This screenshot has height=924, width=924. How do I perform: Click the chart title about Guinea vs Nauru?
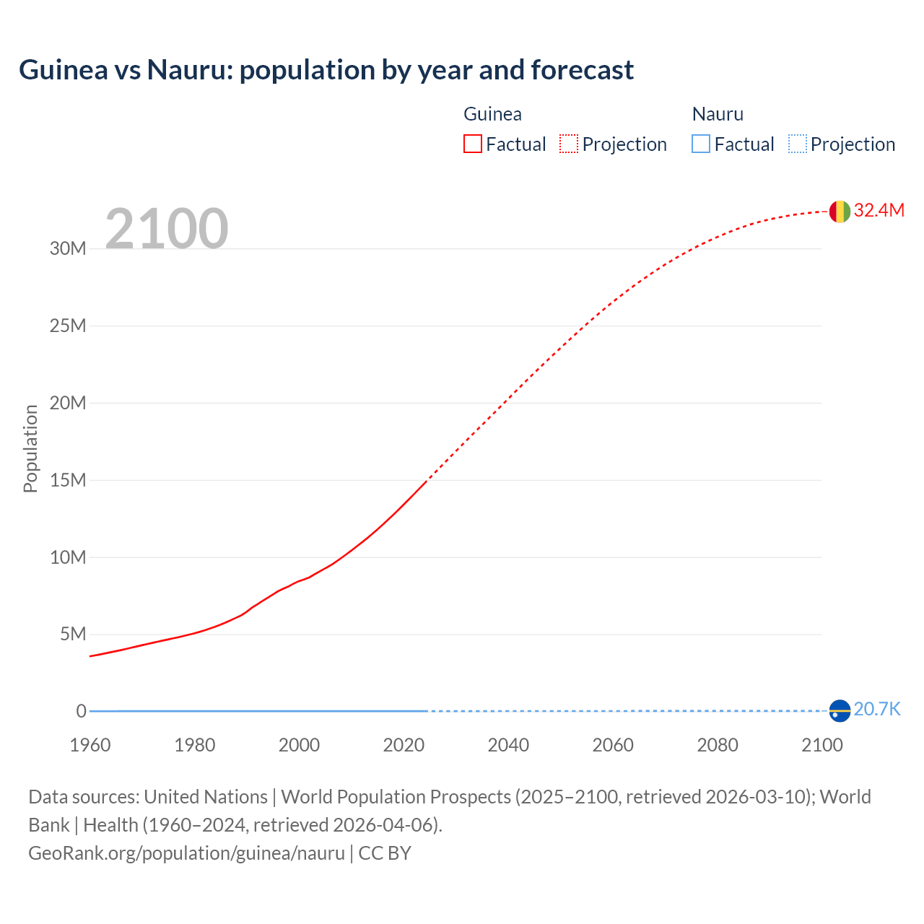pyautogui.click(x=326, y=70)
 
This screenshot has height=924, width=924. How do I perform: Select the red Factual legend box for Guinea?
pyautogui.click(x=472, y=144)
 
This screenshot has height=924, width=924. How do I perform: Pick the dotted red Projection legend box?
pyautogui.click(x=569, y=144)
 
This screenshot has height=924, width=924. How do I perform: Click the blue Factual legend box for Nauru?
pyautogui.click(x=700, y=144)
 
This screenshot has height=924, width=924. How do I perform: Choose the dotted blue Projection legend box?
pyautogui.click(x=797, y=144)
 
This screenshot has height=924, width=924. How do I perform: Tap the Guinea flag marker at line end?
pyautogui.click(x=840, y=212)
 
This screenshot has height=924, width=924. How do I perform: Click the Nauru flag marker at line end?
pyautogui.click(x=840, y=710)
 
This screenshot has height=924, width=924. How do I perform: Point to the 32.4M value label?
pyautogui.click(x=879, y=210)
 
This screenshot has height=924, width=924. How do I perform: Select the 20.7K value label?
pyautogui.click(x=877, y=709)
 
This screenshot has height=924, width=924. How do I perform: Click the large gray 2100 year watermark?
pyautogui.click(x=167, y=229)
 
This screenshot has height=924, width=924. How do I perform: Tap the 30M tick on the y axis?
pyautogui.click(x=68, y=249)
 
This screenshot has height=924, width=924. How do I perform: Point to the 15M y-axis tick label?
pyautogui.click(x=68, y=480)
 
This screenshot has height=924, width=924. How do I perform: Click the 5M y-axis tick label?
pyautogui.click(x=72, y=634)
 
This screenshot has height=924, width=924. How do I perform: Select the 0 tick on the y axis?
pyautogui.click(x=81, y=711)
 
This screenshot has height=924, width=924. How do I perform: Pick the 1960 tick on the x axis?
pyautogui.click(x=90, y=745)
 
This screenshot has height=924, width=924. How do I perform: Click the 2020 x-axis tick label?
pyautogui.click(x=404, y=745)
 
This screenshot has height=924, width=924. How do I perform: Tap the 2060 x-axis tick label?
pyautogui.click(x=613, y=745)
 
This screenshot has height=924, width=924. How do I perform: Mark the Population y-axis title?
pyautogui.click(x=30, y=448)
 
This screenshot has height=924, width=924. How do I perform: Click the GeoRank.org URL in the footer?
pyautogui.click(x=186, y=853)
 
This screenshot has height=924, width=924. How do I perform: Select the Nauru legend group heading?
pyautogui.click(x=718, y=114)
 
